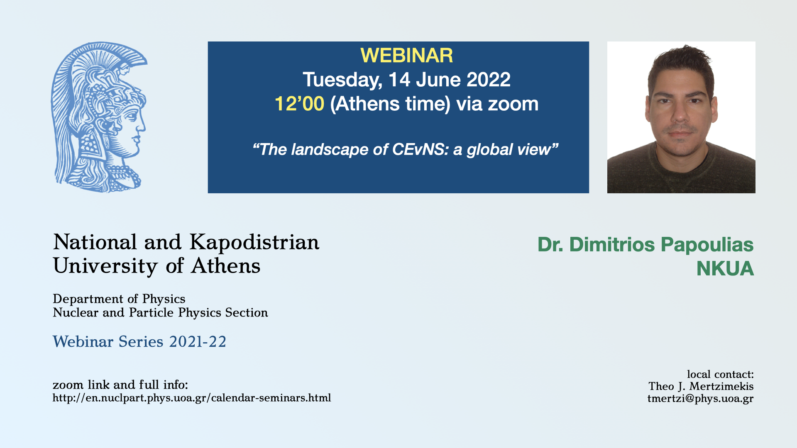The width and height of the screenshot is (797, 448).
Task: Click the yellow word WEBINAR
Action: (406, 56)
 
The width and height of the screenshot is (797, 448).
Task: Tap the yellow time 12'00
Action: (299, 104)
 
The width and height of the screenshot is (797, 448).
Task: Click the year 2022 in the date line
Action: (489, 80)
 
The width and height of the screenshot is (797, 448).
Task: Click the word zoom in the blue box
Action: (513, 104)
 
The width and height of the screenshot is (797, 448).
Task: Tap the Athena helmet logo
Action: (99, 117)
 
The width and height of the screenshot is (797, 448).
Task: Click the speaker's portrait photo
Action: (681, 117)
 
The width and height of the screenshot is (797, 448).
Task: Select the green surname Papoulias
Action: (707, 245)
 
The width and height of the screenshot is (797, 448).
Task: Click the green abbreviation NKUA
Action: (725, 269)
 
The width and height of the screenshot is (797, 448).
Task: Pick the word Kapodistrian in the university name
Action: (254, 243)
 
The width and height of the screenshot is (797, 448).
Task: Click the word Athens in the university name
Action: (225, 266)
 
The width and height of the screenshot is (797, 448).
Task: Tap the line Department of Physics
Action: (119, 299)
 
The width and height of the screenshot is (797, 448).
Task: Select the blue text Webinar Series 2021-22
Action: (139, 342)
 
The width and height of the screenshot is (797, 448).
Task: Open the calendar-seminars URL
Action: (192, 398)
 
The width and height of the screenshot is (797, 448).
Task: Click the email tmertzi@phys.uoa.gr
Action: (700, 399)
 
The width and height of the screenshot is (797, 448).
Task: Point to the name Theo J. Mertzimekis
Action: (701, 387)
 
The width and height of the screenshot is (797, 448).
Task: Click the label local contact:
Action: (720, 375)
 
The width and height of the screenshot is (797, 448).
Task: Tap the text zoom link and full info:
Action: (120, 385)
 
